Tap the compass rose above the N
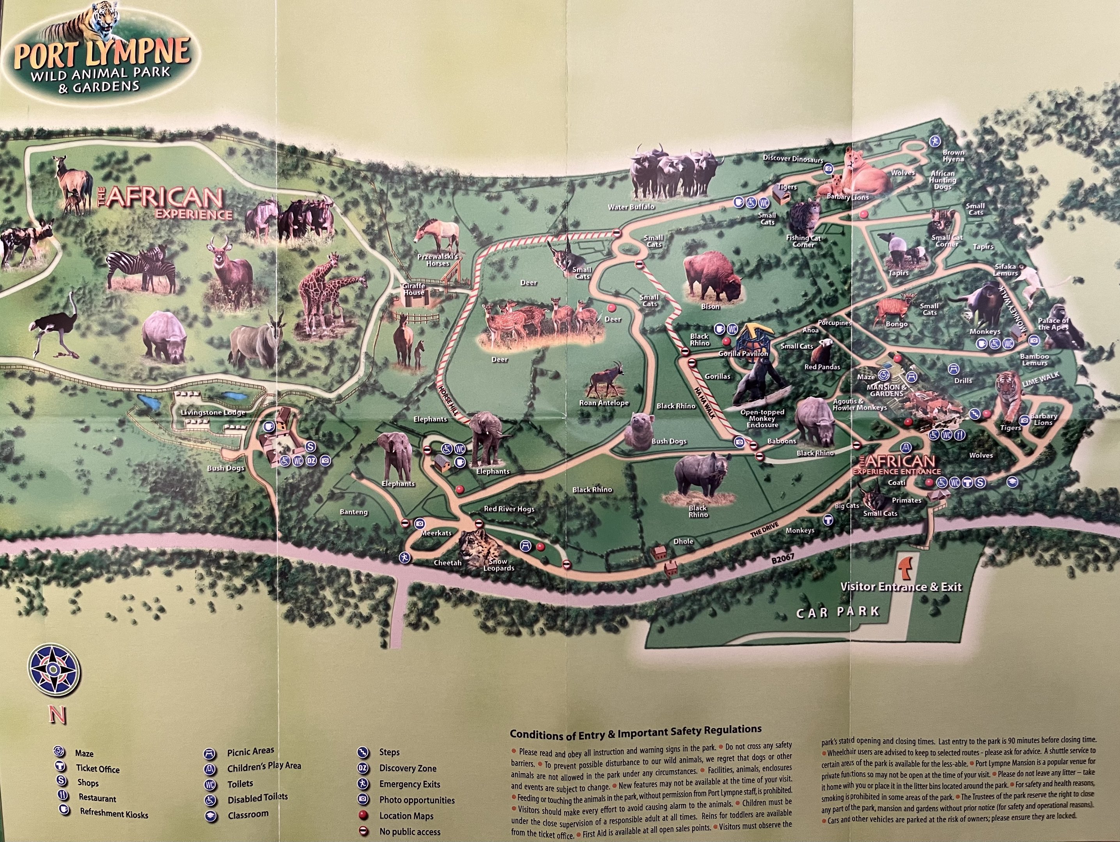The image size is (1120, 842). [55, 672]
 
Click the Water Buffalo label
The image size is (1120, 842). [631, 207]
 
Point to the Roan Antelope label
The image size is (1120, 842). [604, 403]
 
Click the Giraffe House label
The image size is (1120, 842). [414, 289]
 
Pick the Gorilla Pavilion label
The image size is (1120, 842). [743, 354]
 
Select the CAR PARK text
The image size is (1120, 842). [838, 613]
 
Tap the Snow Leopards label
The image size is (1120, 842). [499, 565]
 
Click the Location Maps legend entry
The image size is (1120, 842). [406, 815]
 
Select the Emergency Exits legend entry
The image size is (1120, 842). [409, 784]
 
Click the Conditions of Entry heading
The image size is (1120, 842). [635, 732]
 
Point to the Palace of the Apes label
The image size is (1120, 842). [1053, 324]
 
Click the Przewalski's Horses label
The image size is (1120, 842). [438, 260]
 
